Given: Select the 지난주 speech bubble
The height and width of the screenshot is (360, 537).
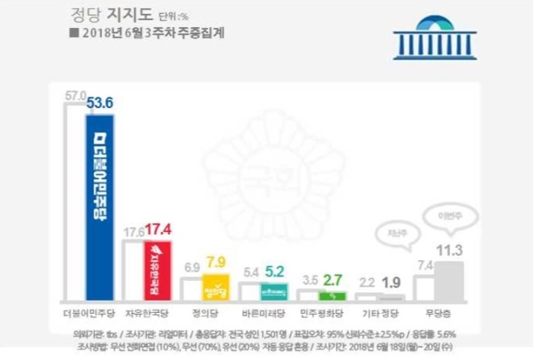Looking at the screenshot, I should tap(397, 234).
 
